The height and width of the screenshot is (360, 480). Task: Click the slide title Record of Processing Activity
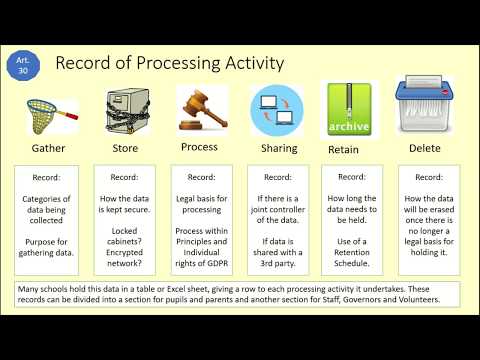coord(170,64)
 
